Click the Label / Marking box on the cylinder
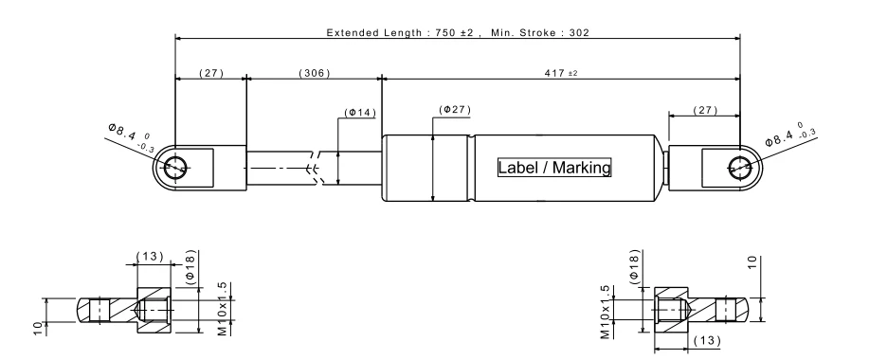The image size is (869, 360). click(554, 168)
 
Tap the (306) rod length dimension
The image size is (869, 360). click(315, 73)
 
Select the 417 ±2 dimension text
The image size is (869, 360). click(561, 73)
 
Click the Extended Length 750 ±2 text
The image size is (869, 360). click(400, 32)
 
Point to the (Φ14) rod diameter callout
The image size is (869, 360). click(360, 113)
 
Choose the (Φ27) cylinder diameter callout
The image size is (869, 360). click(455, 110)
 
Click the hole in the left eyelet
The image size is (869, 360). click(176, 167)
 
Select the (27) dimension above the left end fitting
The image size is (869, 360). click(211, 73)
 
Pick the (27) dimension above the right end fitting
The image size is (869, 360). click(705, 110)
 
